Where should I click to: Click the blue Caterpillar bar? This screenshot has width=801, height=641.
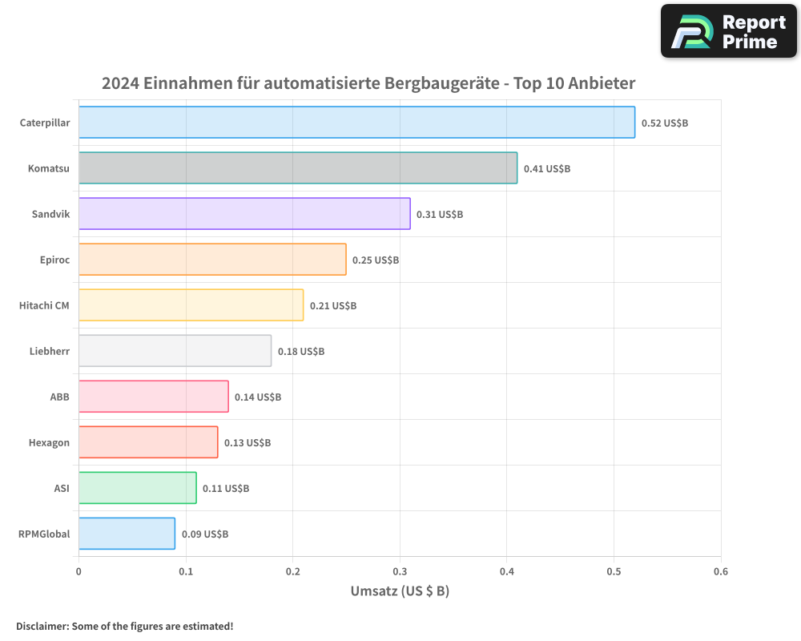[x=356, y=123]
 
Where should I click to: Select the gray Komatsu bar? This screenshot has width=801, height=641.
[x=298, y=168]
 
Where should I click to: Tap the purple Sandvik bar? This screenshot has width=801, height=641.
[x=244, y=214]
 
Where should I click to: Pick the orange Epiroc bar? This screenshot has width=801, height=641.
[x=212, y=260]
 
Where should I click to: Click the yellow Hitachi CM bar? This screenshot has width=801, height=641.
[x=191, y=305]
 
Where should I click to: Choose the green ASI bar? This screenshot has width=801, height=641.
[x=137, y=488]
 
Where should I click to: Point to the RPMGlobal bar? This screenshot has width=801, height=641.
[x=127, y=534]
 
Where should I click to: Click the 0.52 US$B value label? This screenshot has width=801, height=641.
[x=664, y=123]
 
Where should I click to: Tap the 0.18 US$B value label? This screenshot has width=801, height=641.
[x=300, y=352]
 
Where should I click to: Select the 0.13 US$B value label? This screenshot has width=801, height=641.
[x=247, y=443]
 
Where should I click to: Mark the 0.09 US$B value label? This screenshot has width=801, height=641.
[x=204, y=534]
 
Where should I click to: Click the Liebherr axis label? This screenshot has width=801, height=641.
[x=49, y=351]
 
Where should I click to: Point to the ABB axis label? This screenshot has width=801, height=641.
[x=59, y=397]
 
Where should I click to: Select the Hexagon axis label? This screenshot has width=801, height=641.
[x=49, y=442]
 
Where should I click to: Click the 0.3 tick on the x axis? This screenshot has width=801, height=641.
[x=400, y=572]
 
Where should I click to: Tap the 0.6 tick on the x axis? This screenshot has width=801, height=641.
[x=720, y=572]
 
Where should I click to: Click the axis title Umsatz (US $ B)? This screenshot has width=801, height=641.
[x=400, y=591]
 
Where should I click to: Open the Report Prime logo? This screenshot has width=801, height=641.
[x=729, y=31]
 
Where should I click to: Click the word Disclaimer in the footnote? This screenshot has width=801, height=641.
[x=42, y=626]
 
